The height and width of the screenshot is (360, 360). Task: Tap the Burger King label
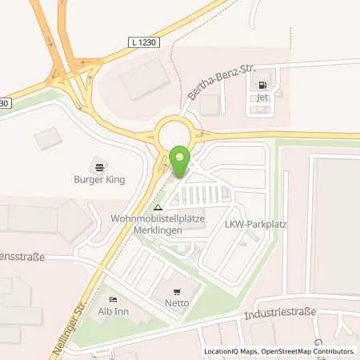coord(99,179)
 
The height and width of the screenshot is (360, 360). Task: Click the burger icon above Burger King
coord(99,166)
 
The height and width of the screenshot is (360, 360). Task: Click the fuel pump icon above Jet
coord(262,82)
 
